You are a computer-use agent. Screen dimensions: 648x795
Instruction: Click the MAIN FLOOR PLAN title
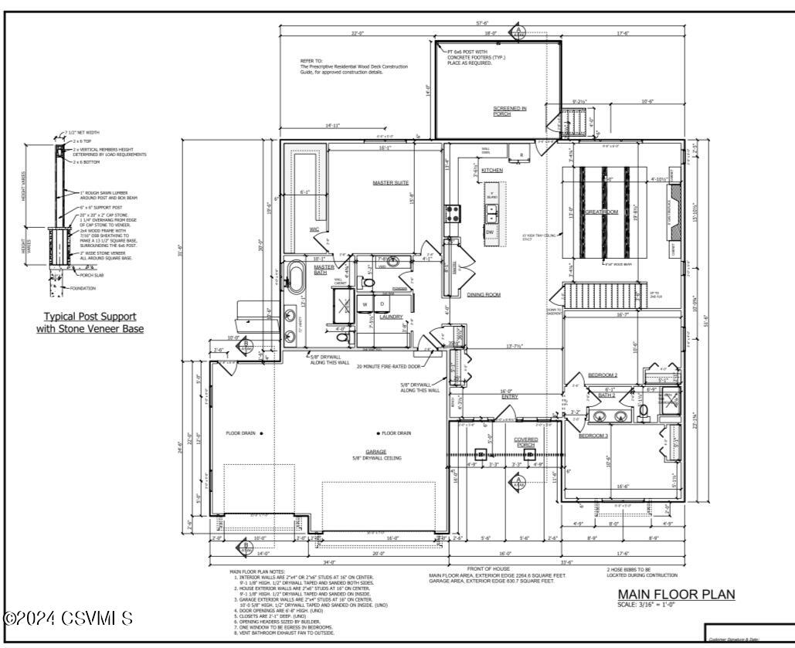coord(676,594)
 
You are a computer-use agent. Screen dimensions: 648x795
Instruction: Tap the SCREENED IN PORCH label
coord(510,111)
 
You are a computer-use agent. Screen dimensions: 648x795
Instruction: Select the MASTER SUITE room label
coord(389,182)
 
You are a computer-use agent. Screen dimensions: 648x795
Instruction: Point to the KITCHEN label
coord(492,170)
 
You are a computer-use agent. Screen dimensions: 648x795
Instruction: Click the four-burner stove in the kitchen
coord(453,214)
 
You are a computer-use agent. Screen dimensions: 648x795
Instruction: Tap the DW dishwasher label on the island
coord(490,232)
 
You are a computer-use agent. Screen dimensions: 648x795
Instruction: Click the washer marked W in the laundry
coord(364,304)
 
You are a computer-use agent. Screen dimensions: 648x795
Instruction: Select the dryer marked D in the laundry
coord(381,304)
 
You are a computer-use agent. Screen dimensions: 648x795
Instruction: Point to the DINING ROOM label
coord(484,294)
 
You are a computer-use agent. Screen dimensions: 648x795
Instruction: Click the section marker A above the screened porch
coord(519,32)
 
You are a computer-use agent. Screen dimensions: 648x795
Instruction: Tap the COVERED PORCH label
coord(526,442)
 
